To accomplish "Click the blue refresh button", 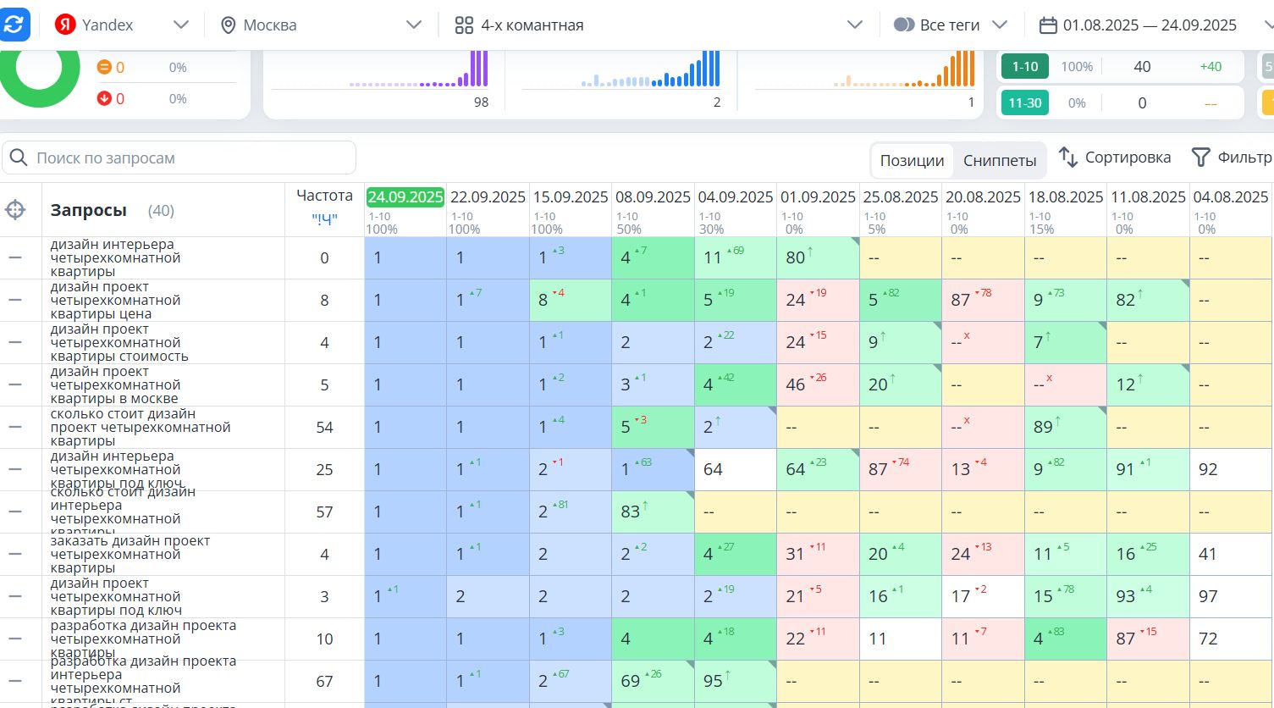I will (14, 25).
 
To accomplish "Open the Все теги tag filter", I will (951, 25).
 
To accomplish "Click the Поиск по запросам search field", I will (179, 158).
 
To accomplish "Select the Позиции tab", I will (912, 160).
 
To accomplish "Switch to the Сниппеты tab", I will (1000, 160).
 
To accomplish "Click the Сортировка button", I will (1115, 158).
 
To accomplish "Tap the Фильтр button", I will (1232, 158).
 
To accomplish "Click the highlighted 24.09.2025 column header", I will (405, 197).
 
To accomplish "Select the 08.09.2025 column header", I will (653, 197).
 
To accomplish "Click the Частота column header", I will (324, 196).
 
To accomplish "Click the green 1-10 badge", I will (1025, 67).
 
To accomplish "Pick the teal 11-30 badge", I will (1025, 103).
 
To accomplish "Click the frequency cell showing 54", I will (324, 428).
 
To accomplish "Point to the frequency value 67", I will (324, 682).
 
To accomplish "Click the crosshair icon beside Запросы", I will (15, 210).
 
